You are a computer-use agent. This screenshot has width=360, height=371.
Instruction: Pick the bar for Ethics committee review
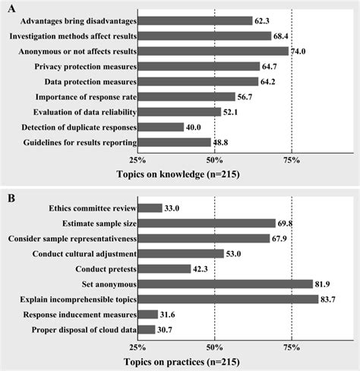pyautogui.click(x=150, y=208)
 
